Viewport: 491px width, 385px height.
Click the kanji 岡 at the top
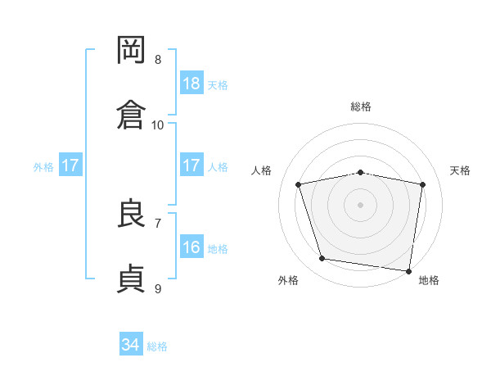(131, 50)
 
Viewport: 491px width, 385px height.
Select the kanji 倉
(131, 115)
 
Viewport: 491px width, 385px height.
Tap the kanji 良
(131, 212)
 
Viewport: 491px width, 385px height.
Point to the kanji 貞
(131, 279)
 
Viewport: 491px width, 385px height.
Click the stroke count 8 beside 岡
(158, 60)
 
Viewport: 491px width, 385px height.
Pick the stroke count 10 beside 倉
(157, 125)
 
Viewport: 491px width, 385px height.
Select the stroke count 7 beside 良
(158, 224)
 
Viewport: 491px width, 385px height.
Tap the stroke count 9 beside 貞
(158, 289)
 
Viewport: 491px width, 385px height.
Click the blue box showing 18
(191, 83)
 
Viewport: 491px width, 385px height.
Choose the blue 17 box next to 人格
(191, 165)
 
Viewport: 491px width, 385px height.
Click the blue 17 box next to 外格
(70, 165)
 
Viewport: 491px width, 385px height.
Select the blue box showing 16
(191, 246)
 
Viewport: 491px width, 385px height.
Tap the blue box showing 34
(131, 343)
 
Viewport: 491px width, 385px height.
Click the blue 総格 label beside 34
(157, 346)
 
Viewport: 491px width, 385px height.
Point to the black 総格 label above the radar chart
(361, 106)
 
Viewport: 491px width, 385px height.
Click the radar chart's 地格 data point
(408, 271)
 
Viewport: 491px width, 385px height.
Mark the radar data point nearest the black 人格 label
(298, 184)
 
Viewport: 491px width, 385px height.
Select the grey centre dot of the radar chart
(360, 205)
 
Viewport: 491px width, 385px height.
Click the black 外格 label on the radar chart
(288, 280)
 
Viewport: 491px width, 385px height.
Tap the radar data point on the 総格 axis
(360, 173)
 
